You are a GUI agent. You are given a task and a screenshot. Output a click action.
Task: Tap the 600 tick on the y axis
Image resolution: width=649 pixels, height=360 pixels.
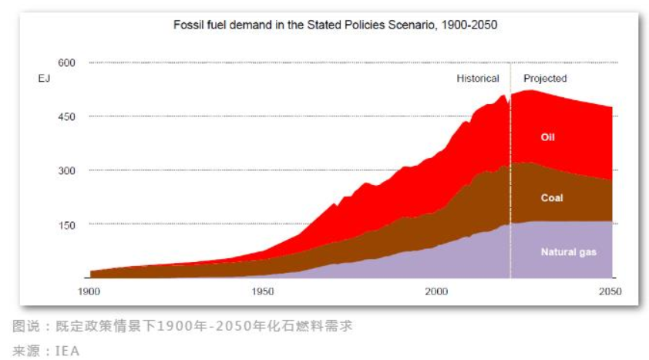[67, 62]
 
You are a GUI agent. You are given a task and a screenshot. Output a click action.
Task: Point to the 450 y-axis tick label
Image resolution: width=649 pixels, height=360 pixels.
[67, 116]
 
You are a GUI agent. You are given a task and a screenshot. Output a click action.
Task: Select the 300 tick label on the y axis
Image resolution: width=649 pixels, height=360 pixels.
[67, 170]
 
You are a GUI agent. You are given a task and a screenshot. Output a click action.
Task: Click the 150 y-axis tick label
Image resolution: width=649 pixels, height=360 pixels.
[67, 224]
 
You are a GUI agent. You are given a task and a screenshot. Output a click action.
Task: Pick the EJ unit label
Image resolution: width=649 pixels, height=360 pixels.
[44, 79]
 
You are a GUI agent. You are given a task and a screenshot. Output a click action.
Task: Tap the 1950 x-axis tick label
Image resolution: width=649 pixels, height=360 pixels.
[263, 291]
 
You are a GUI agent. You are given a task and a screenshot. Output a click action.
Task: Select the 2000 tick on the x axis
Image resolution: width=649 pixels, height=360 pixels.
[436, 291]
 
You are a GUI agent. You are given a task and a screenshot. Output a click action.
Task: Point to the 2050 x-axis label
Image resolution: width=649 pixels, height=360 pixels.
[610, 291]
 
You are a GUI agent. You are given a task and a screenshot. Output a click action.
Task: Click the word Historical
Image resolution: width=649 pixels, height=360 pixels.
[478, 79]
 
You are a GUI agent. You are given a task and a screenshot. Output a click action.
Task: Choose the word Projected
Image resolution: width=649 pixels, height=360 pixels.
[545, 79]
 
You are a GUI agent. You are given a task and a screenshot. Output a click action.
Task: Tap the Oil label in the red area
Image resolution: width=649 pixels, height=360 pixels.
[548, 138]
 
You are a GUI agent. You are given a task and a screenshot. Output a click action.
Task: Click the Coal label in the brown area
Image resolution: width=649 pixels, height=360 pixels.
[552, 198]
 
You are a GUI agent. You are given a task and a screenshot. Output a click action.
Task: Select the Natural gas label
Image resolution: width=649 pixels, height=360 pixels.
[568, 252]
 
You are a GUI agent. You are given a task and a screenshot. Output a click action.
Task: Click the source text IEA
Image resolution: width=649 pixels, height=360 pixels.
[67, 351]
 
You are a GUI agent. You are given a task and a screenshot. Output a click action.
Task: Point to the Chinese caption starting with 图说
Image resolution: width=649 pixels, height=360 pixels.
[183, 326]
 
